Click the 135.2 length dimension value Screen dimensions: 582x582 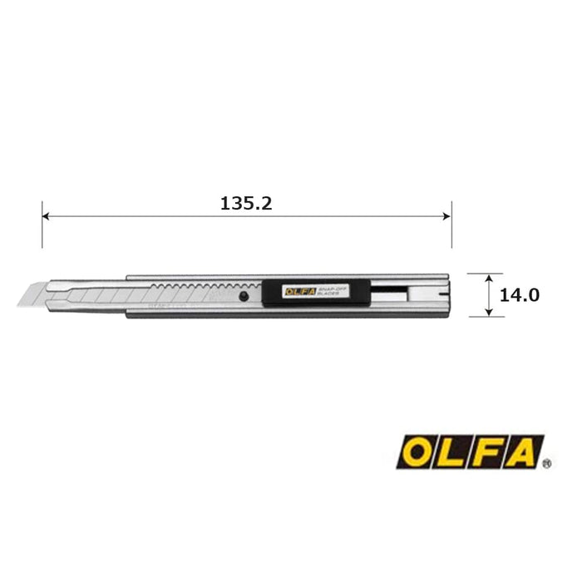[247, 203]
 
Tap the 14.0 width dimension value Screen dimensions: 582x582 [520, 294]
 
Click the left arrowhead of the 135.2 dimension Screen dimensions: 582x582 [47, 217]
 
